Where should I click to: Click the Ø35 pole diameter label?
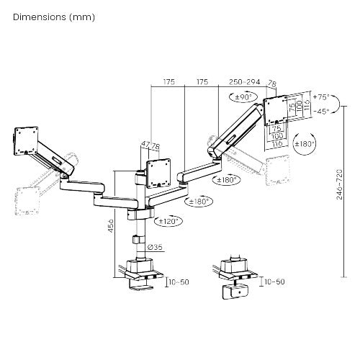(x=155, y=247)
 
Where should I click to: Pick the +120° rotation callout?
(x=171, y=221)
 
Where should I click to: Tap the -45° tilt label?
(x=322, y=111)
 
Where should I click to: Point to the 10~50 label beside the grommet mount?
(x=273, y=282)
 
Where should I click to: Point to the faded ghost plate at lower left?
(x=24, y=197)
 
